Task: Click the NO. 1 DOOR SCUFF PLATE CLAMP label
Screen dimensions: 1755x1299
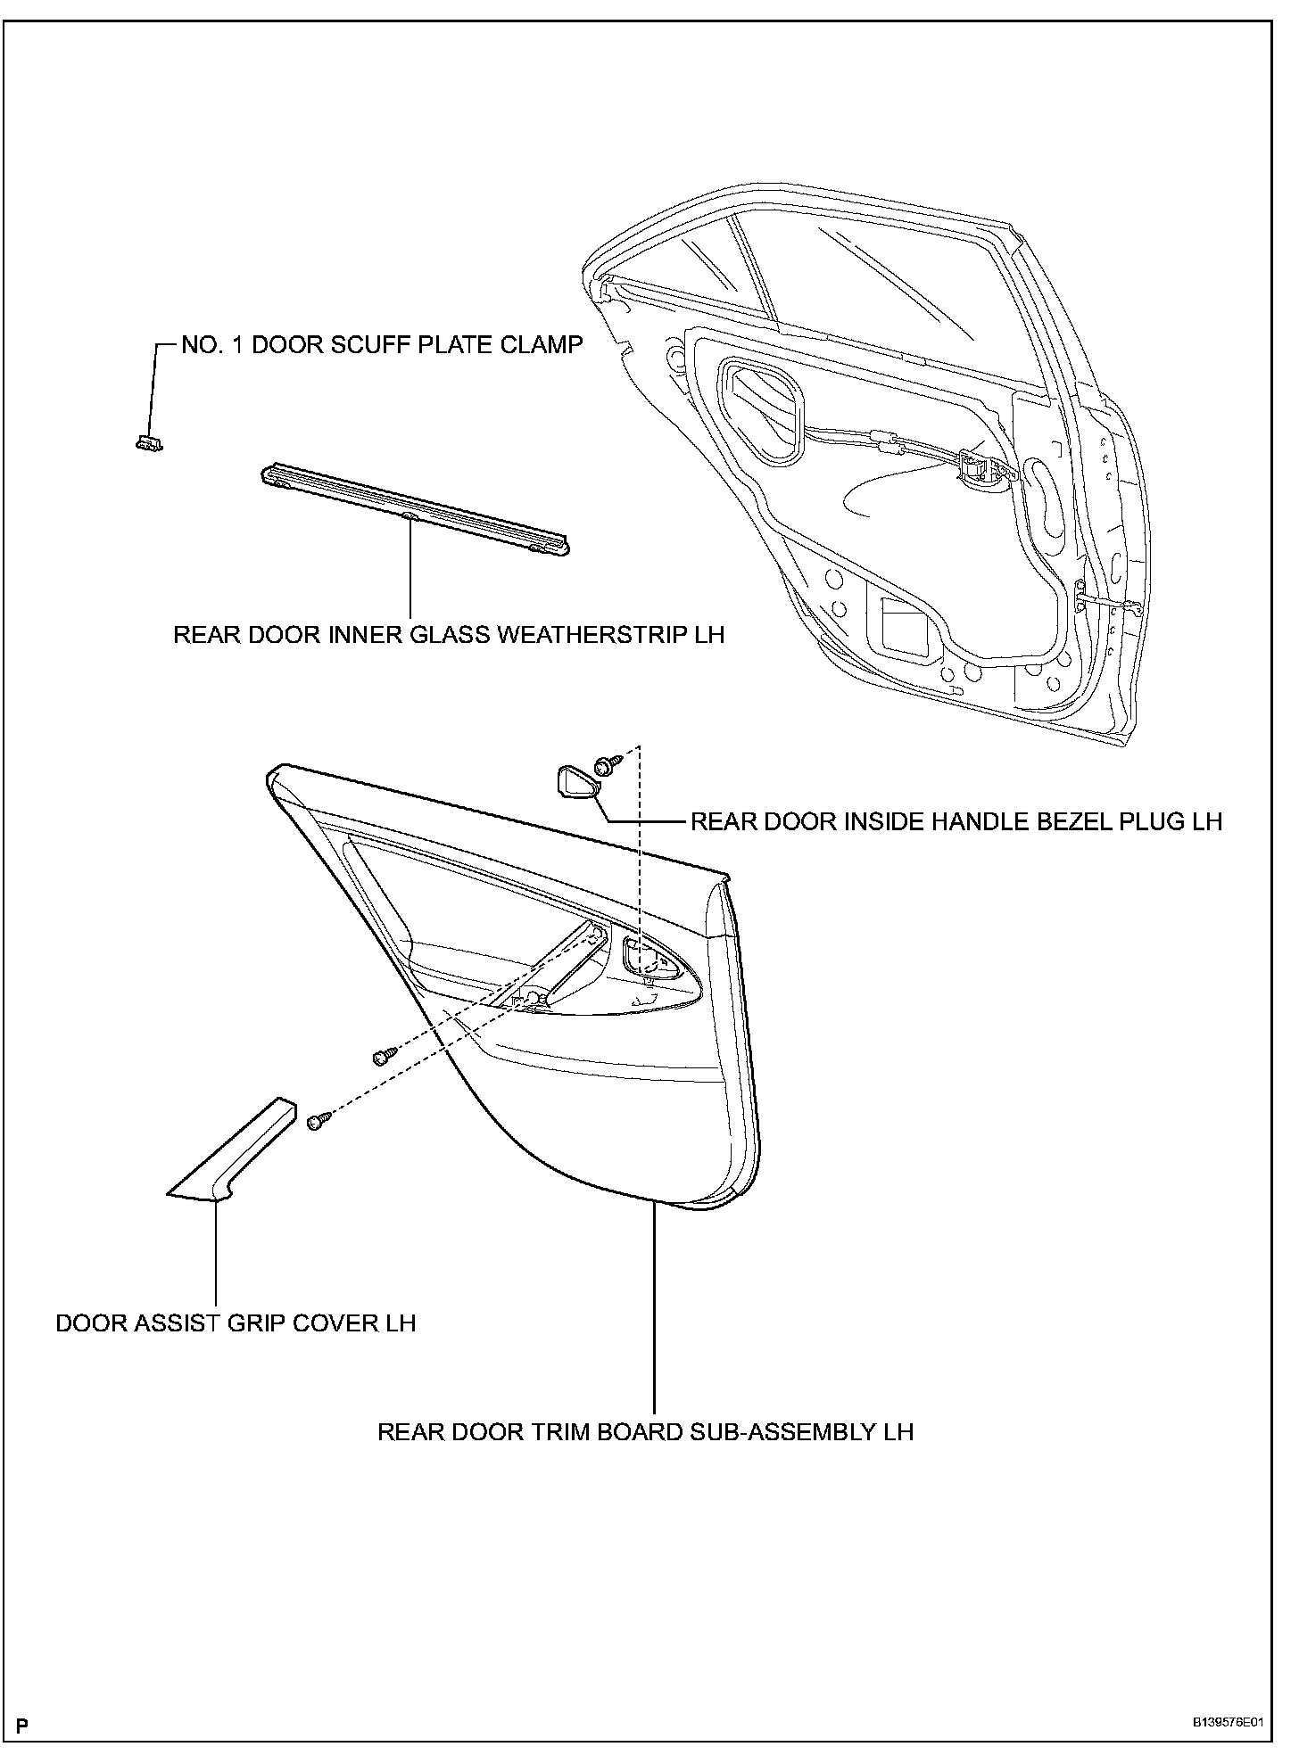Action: [382, 345]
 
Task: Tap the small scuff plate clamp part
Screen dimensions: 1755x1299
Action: [148, 441]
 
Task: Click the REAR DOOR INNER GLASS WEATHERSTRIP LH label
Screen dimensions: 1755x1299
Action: [449, 635]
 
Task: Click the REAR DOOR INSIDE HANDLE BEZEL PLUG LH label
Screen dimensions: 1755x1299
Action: [956, 821]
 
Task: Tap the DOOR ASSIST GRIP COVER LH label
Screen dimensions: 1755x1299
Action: [236, 1322]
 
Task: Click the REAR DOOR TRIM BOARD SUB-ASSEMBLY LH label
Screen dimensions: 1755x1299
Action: [646, 1432]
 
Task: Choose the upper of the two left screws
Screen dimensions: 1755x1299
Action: [381, 1056]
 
